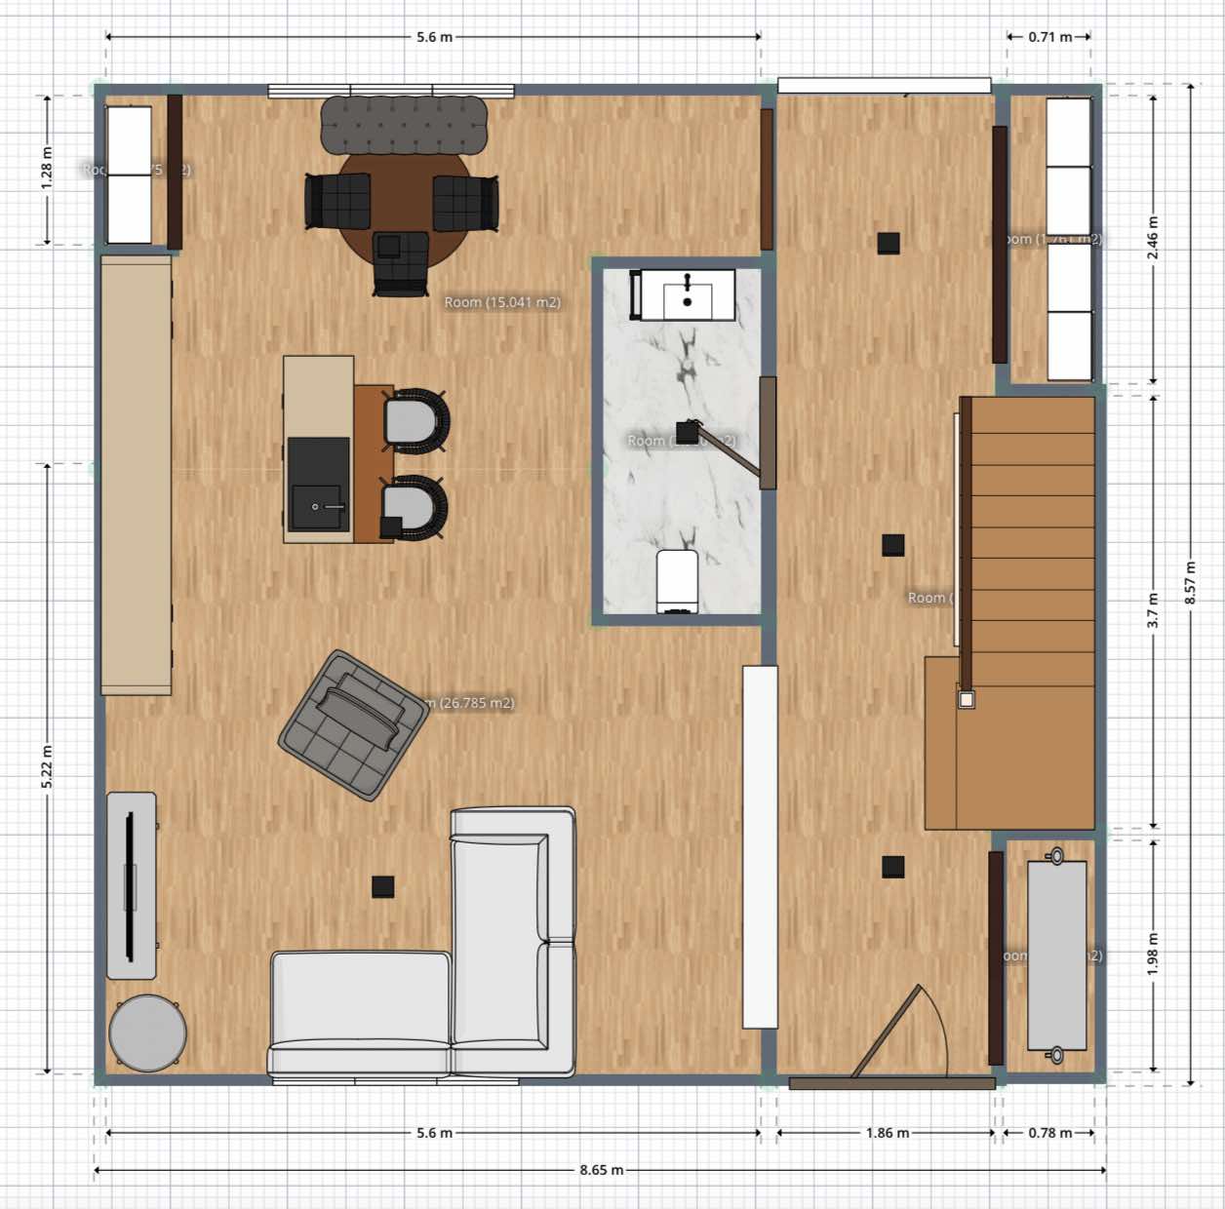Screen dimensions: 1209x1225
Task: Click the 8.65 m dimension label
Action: pyautogui.click(x=601, y=1169)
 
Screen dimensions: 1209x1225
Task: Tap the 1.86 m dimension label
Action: pyautogui.click(x=887, y=1133)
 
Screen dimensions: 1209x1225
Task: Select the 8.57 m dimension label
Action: pyautogui.click(x=1190, y=582)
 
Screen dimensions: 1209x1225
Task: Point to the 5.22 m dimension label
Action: pyautogui.click(x=47, y=766)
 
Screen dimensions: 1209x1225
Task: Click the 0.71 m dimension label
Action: pyautogui.click(x=1049, y=37)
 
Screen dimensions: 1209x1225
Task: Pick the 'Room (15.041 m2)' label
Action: pyautogui.click(x=502, y=302)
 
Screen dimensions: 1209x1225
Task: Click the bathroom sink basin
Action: pyautogui.click(x=687, y=295)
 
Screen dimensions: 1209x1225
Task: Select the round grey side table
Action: pyautogui.click(x=147, y=1033)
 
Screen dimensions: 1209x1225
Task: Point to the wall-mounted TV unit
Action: pyautogui.click(x=131, y=885)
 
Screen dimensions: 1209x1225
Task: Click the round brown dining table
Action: pyautogui.click(x=398, y=210)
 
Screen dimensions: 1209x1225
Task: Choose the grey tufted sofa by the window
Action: pyautogui.click(x=404, y=124)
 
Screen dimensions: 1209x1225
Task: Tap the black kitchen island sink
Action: pyautogui.click(x=318, y=485)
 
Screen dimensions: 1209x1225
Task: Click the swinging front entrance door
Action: pyautogui.click(x=888, y=1033)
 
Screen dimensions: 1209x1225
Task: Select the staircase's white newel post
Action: pyautogui.click(x=966, y=699)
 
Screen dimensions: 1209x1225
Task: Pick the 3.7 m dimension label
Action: pyautogui.click(x=1153, y=610)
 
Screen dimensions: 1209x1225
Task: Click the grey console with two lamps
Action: pyautogui.click(x=1056, y=955)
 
